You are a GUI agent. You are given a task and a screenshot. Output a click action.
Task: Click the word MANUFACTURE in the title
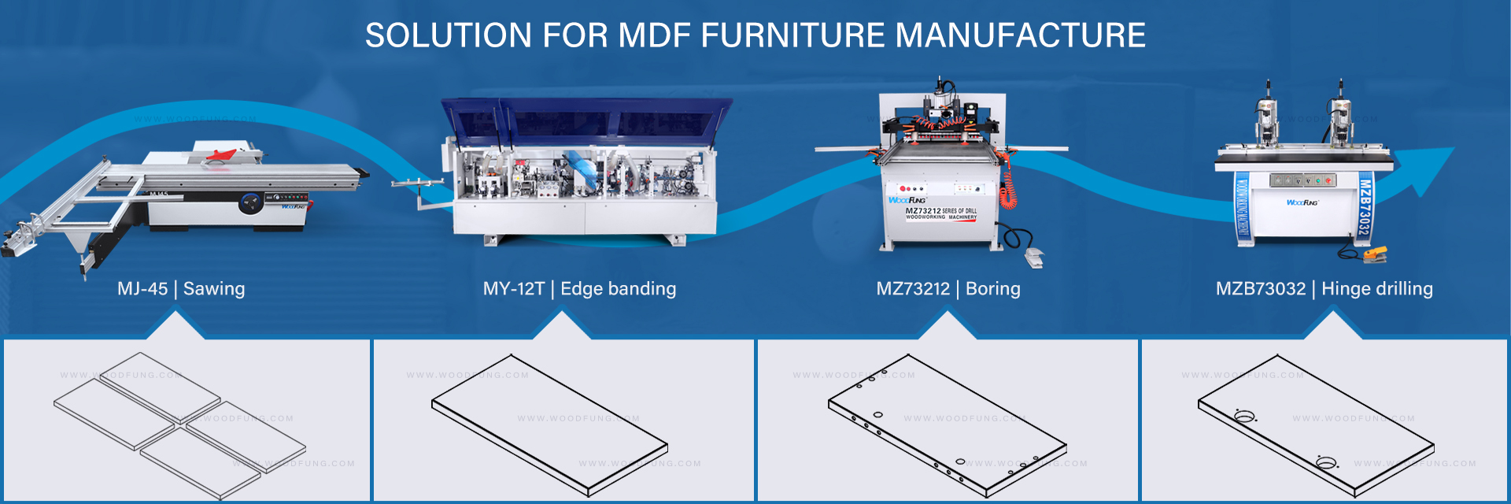1020,35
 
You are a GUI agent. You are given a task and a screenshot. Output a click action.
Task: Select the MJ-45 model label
142,289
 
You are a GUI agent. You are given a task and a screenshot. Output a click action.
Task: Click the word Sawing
214,289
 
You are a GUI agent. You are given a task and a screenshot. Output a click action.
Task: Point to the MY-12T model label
513,289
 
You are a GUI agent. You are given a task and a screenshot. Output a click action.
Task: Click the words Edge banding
618,289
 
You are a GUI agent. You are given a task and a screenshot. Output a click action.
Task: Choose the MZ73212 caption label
913,289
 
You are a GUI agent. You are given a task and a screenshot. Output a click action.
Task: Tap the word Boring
992,289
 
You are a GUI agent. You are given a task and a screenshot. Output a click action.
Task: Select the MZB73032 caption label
1260,289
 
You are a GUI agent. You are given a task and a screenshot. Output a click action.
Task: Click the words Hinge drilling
1376,289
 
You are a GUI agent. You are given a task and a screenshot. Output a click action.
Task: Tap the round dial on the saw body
250,203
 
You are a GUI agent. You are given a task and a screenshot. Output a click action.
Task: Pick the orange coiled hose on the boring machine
1008,189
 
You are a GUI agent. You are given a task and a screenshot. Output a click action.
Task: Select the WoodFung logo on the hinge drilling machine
1302,202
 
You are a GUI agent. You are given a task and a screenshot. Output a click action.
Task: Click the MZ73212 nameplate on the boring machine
940,213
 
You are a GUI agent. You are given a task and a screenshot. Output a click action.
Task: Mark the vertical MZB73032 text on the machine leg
1365,206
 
